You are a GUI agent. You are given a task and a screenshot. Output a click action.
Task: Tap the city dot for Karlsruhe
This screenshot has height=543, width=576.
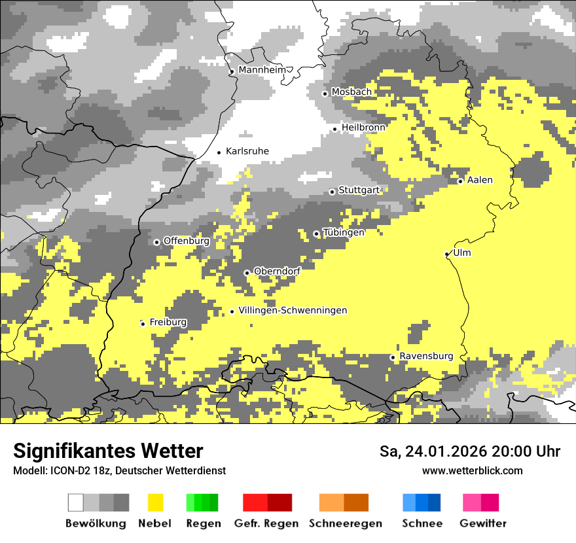tap(219, 152)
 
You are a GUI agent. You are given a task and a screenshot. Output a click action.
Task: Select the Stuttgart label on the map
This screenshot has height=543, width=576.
tap(359, 190)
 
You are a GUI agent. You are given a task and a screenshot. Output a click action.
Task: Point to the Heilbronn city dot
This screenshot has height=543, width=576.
tap(335, 129)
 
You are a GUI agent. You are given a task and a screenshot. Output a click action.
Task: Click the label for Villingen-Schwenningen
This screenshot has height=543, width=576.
tap(293, 310)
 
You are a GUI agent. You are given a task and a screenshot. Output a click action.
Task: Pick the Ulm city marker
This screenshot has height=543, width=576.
tap(447, 254)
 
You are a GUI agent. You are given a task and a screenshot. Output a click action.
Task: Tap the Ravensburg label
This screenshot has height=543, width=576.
tap(426, 356)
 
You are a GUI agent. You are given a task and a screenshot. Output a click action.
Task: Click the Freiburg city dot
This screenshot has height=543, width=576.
tap(143, 324)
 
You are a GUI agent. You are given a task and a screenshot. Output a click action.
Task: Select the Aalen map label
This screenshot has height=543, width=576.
tap(480, 180)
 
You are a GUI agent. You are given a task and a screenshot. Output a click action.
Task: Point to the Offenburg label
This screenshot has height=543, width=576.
tap(187, 241)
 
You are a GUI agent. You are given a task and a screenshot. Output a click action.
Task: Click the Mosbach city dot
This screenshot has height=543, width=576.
tap(325, 94)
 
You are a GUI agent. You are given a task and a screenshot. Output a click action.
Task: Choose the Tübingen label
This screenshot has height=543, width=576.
tap(344, 232)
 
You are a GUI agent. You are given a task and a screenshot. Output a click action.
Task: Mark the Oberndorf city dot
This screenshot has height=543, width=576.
tap(247, 273)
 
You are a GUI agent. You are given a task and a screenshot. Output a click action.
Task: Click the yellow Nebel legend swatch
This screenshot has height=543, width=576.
tap(155, 502)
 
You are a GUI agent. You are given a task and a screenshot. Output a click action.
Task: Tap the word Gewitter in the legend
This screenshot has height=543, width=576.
tap(483, 523)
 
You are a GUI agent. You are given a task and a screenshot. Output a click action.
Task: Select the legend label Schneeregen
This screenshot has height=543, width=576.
tap(346, 523)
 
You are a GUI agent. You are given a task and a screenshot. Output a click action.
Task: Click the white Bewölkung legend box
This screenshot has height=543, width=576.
tap(76, 502)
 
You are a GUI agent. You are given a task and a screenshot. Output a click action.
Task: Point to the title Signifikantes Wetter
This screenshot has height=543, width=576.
tap(108, 451)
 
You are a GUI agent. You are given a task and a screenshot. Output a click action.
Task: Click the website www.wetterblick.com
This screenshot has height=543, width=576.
tap(473, 470)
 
